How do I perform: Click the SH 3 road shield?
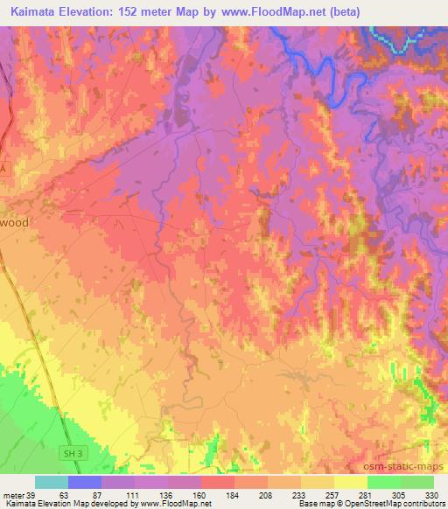[x=75, y=453]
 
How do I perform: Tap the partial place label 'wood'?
[x=14, y=223]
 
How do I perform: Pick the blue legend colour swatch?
[x=84, y=482]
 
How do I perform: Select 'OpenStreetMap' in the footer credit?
[x=367, y=505]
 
